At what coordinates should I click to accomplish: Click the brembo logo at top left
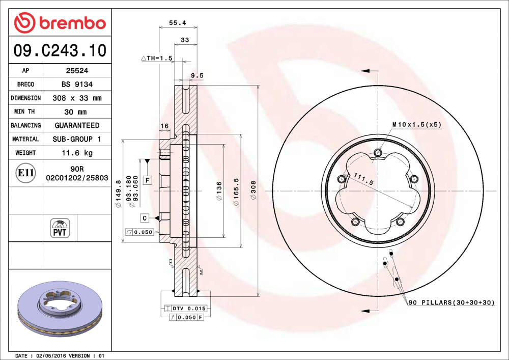60,23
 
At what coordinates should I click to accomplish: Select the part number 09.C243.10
60,50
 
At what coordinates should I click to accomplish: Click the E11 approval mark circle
25,173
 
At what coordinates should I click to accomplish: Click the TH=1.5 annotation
157,59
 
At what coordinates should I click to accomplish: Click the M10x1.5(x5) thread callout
416,124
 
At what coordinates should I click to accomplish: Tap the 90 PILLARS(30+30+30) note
451,302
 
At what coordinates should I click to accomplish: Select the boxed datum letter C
145,218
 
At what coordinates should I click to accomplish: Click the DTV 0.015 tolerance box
186,309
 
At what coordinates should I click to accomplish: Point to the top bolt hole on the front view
377,152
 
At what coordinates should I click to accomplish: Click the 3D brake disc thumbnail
60,312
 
